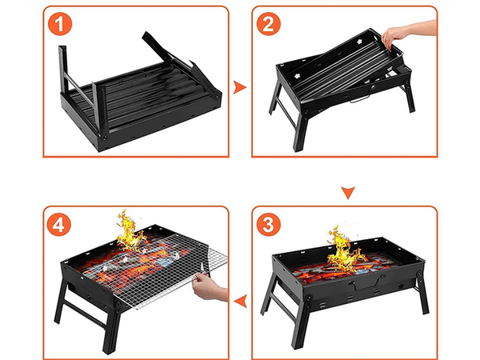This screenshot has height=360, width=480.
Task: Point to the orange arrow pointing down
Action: coord(346,192)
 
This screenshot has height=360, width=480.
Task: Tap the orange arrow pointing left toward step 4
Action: coord(238,300)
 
